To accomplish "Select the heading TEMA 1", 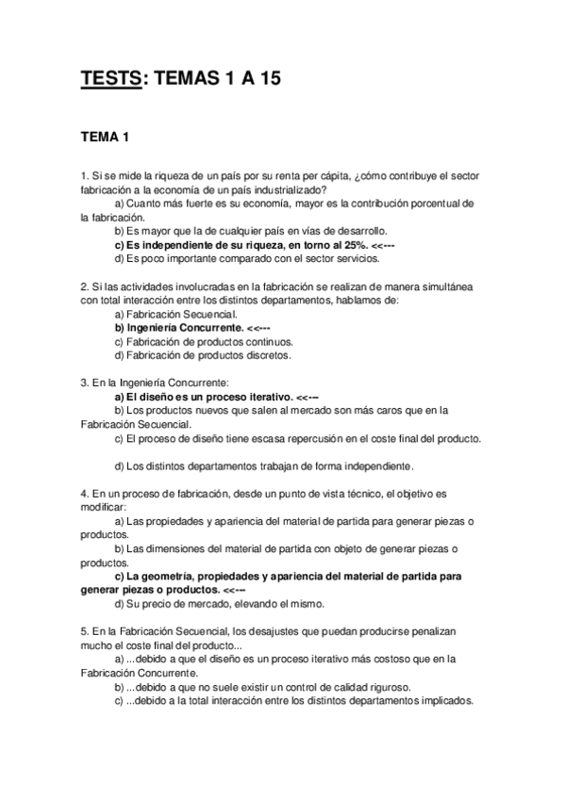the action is click(105, 139).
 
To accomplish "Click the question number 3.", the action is click(85, 383).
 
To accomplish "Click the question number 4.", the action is click(85, 493).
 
